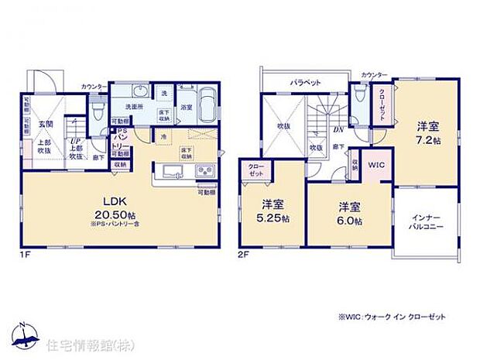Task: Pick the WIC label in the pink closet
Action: [376, 164]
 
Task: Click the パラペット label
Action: [305, 81]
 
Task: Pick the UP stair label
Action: [76, 141]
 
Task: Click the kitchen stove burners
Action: [204, 171]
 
